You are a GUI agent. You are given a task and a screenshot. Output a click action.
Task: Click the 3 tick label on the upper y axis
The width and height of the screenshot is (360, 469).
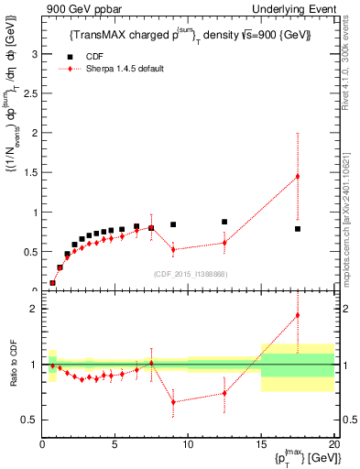click(35, 54)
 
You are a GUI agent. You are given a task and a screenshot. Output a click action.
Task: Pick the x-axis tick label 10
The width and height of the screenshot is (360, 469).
click(188, 444)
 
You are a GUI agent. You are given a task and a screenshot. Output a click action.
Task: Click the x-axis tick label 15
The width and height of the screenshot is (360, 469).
click(260, 444)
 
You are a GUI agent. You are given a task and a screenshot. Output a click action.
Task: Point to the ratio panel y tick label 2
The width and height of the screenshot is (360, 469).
click(34, 309)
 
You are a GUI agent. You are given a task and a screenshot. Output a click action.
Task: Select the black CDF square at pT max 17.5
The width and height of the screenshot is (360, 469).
click(298, 229)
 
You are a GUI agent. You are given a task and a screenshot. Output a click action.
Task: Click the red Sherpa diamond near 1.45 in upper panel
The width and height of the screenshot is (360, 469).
click(298, 176)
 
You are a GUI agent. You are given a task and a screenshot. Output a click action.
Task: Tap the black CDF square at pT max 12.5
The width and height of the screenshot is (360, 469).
click(224, 222)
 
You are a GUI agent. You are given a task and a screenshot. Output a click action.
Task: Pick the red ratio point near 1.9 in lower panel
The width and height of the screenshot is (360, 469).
click(298, 315)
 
